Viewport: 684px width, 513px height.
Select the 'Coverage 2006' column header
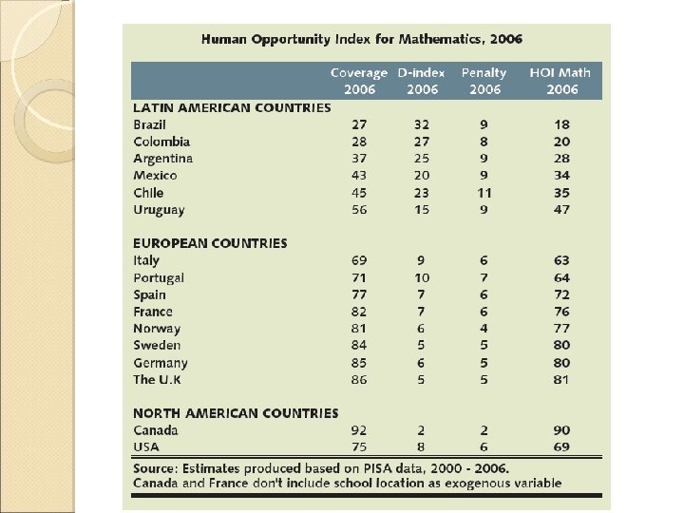[359, 81]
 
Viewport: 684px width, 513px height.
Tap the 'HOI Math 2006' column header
[563, 81]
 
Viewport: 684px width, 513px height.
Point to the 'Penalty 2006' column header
[484, 81]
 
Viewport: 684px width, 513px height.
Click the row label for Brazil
[150, 124]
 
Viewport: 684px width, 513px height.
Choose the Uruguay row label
[159, 209]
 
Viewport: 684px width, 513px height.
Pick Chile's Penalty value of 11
[484, 192]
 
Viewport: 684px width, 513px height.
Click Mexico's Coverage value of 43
[359, 175]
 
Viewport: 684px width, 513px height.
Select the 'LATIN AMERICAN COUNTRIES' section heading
[232, 107]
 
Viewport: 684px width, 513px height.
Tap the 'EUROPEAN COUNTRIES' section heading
[209, 243]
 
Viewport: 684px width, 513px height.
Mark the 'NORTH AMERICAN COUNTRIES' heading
[235, 413]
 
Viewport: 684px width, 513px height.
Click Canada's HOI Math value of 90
[563, 430]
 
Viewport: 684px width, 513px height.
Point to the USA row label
[146, 447]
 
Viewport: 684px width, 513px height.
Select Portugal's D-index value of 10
[421, 277]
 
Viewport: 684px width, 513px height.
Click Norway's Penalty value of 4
[484, 329]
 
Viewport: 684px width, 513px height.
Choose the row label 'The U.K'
[158, 379]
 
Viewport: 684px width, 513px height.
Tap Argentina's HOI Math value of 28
[563, 158]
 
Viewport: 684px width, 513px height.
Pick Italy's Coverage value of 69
[359, 260]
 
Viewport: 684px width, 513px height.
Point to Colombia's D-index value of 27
[421, 142]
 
